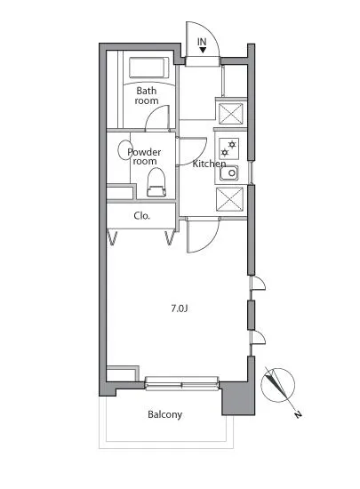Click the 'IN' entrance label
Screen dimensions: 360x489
pos(202,42)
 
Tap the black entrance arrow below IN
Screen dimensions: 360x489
pos(203,50)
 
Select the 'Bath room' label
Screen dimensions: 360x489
pos(147,96)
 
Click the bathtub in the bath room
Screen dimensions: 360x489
pos(148,68)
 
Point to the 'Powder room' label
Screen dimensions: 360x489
pos(144,156)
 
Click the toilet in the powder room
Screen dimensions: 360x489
pos(156,182)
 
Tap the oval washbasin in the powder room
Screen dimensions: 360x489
pos(125,150)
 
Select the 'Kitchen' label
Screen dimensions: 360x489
pos(209,164)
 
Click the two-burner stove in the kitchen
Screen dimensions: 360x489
pos(228,148)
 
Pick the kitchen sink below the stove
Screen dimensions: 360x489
pos(229,172)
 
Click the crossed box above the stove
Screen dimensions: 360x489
pos(230,113)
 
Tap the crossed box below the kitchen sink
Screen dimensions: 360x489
pos(229,199)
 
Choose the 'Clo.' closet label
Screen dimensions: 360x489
pos(142,215)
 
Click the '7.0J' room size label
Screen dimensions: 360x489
pos(180,309)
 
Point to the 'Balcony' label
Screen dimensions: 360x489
pos(164,414)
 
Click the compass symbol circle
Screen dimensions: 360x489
pos(277,385)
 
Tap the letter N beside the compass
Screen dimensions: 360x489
pos(299,414)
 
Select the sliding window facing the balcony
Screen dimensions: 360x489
pos(182,383)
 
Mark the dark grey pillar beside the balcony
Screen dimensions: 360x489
pos(238,398)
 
